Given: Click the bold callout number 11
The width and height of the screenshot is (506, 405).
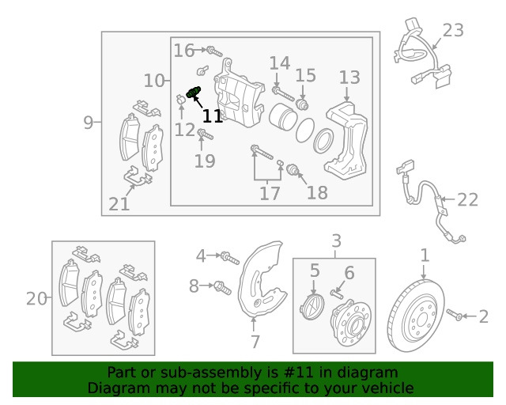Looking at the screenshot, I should [x=212, y=116].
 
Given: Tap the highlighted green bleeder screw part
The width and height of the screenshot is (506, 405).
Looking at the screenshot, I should [x=194, y=93].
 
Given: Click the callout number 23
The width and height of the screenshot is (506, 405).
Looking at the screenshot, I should [x=453, y=31].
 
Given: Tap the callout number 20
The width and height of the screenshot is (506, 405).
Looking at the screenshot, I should [x=36, y=298].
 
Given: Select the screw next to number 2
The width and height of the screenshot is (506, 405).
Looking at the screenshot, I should [x=456, y=316].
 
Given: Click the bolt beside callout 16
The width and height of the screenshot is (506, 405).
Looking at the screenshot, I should [x=211, y=51].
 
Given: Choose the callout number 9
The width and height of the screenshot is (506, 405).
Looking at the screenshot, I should [x=89, y=122].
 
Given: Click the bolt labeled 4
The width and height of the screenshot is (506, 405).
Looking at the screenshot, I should [x=228, y=256].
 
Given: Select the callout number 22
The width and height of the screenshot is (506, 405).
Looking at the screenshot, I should [x=467, y=199].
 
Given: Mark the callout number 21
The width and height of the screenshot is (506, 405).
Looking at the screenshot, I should [x=119, y=204].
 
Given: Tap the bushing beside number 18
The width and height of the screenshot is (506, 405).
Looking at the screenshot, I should [x=293, y=168].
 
